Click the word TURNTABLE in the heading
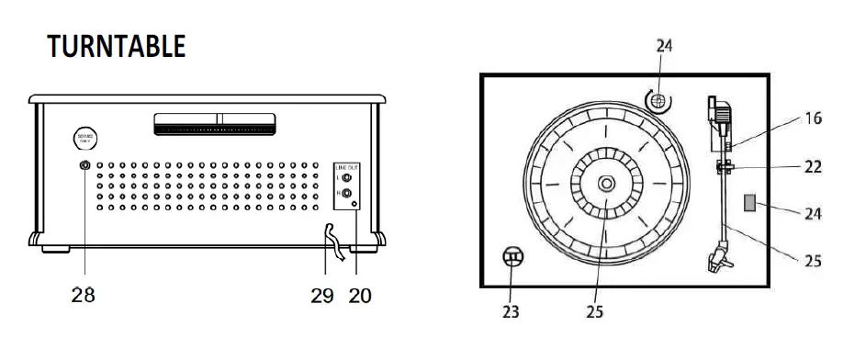[x=117, y=46]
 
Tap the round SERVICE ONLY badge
[x=86, y=138]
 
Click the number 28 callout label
[x=84, y=296]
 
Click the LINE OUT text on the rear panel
[x=345, y=166]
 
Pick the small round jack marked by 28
[x=84, y=166]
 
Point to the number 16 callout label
[x=813, y=118]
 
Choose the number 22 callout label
[x=813, y=168]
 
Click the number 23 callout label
[x=512, y=311]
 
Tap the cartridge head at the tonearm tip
[x=718, y=259]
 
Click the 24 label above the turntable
[x=664, y=47]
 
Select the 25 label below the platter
[x=594, y=311]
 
